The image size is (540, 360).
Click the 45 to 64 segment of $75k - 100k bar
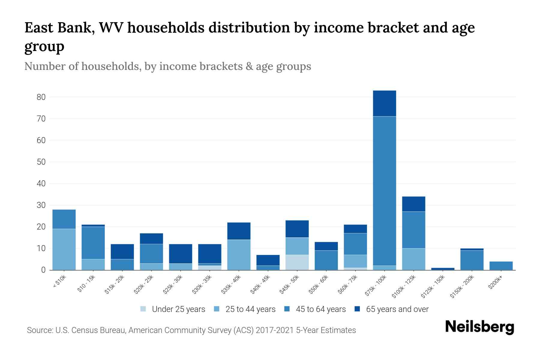(x=384, y=191)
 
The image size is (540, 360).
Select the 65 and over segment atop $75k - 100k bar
(x=384, y=103)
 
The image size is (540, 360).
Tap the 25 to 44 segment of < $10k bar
(x=64, y=249)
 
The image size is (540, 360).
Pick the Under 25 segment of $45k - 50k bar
(x=297, y=262)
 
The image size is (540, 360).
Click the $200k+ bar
(x=501, y=266)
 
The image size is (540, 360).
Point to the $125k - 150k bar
(x=442, y=269)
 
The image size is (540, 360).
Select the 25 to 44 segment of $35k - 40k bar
(x=239, y=255)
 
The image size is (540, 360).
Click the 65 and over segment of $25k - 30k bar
(x=181, y=253)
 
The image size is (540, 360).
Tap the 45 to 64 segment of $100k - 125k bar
(x=413, y=230)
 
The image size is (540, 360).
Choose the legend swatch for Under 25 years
(x=143, y=309)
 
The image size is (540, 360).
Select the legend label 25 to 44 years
(x=250, y=309)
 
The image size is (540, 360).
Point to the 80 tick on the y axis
(x=41, y=97)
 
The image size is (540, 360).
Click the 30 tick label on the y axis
(x=41, y=205)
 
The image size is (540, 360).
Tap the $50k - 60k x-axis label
(x=319, y=284)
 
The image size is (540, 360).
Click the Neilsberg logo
(x=479, y=327)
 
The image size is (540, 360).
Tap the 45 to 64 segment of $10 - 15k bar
(x=93, y=243)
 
